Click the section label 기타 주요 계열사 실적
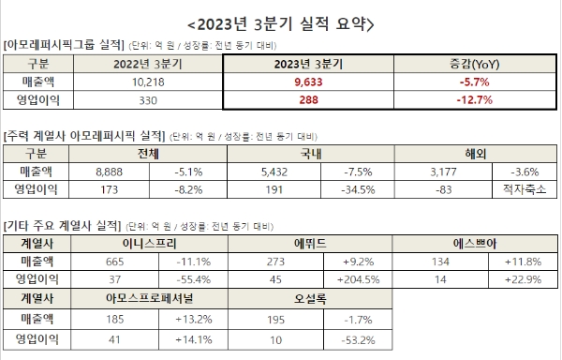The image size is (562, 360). [60, 224]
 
